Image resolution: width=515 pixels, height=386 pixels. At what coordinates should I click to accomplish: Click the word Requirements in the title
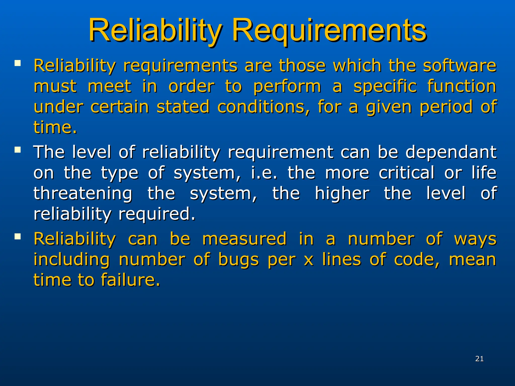[x=329, y=31]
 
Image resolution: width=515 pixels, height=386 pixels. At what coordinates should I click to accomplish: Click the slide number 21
[x=479, y=359]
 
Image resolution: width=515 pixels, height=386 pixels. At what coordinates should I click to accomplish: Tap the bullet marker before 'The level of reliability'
[x=18, y=150]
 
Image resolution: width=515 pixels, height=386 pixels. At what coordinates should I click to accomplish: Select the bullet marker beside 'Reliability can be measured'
[x=18, y=236]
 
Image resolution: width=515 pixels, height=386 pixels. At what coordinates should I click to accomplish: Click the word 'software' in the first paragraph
[x=459, y=66]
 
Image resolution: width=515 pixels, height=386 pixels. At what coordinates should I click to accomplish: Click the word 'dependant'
[x=451, y=152]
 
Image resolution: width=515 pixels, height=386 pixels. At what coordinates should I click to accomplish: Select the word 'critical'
[x=406, y=173]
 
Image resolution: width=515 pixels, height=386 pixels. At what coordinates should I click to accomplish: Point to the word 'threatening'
[x=83, y=194]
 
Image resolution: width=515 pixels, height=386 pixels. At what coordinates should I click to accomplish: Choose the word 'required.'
[x=156, y=214]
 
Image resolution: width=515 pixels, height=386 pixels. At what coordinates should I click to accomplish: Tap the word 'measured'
[x=244, y=239]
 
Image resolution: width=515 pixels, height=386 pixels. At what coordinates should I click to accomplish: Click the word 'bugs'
[x=238, y=260]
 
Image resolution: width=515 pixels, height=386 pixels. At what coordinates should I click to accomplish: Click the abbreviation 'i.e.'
[x=264, y=173]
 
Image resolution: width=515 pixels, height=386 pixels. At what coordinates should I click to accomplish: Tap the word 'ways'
[x=475, y=239]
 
